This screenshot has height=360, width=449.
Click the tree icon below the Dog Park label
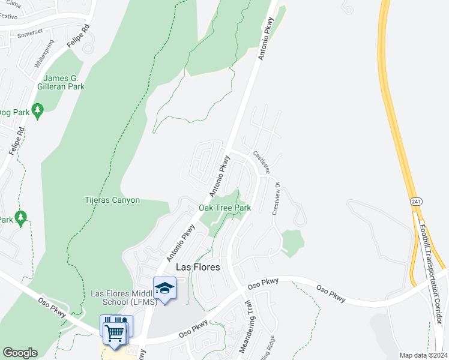(x=38, y=112)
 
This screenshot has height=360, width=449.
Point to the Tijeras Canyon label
(x=112, y=200)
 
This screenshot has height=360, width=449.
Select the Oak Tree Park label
(x=224, y=208)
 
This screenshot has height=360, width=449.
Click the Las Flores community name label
(x=197, y=267)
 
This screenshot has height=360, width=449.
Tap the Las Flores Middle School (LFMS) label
(x=123, y=298)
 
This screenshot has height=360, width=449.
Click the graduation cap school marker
(x=164, y=288)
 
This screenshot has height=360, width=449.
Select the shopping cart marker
(x=115, y=331)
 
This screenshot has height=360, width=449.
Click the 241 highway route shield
(x=415, y=201)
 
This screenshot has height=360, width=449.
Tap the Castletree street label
(x=260, y=162)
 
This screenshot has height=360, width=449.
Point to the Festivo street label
(x=7, y=17)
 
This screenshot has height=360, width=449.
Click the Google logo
(x=20, y=352)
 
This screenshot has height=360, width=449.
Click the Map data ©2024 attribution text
(x=423, y=355)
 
